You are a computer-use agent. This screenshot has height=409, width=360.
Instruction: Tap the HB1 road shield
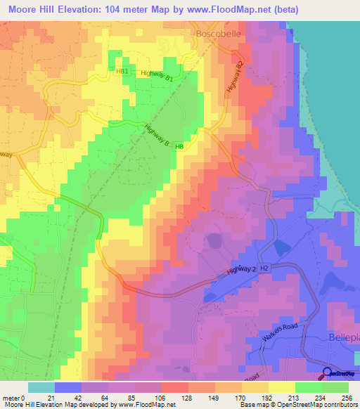[122, 71]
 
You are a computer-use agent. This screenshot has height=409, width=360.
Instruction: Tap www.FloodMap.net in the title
[223, 9]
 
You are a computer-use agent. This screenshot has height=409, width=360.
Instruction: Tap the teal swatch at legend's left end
[41, 387]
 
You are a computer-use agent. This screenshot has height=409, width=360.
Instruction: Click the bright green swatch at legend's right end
[335, 387]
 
